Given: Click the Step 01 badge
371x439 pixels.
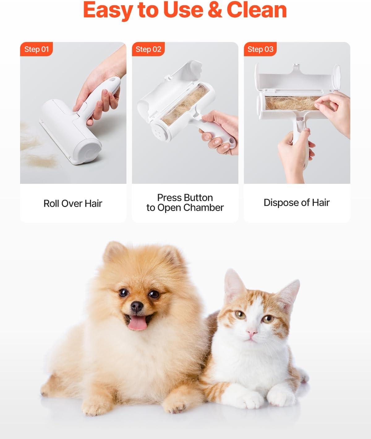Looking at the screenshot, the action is (x=36, y=49).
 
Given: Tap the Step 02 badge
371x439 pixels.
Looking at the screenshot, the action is (x=148, y=49).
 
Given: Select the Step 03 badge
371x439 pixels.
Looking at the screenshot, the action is (x=260, y=49).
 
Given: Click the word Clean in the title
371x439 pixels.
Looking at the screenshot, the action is (x=257, y=10).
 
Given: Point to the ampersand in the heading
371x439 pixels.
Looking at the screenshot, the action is (x=215, y=10).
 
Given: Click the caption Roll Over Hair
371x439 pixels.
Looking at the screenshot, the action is (x=73, y=204).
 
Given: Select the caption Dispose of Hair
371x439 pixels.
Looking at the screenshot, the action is (x=296, y=203).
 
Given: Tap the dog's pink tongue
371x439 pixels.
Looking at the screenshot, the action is (x=138, y=323).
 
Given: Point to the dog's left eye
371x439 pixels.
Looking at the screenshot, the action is (x=154, y=294).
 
